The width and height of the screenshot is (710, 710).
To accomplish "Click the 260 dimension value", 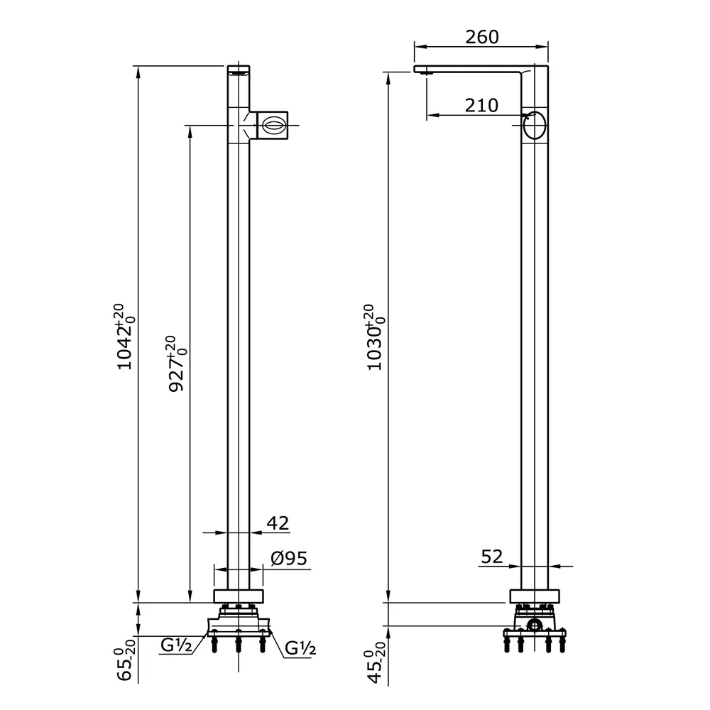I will [x=482, y=37].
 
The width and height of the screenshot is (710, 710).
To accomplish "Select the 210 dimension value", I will [x=482, y=106].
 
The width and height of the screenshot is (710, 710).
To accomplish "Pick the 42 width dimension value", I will [x=278, y=523].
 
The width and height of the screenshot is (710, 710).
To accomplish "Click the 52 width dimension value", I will [x=491, y=557].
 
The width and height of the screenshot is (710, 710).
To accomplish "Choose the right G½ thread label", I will [x=300, y=648].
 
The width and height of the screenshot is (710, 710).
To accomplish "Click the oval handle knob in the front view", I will [x=273, y=126].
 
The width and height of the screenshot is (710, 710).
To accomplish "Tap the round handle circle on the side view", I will [x=535, y=126].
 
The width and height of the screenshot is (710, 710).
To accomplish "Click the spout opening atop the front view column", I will [x=239, y=70].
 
